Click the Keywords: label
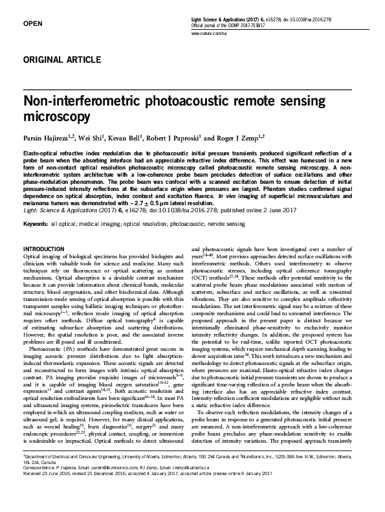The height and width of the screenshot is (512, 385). (x=37, y=223)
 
